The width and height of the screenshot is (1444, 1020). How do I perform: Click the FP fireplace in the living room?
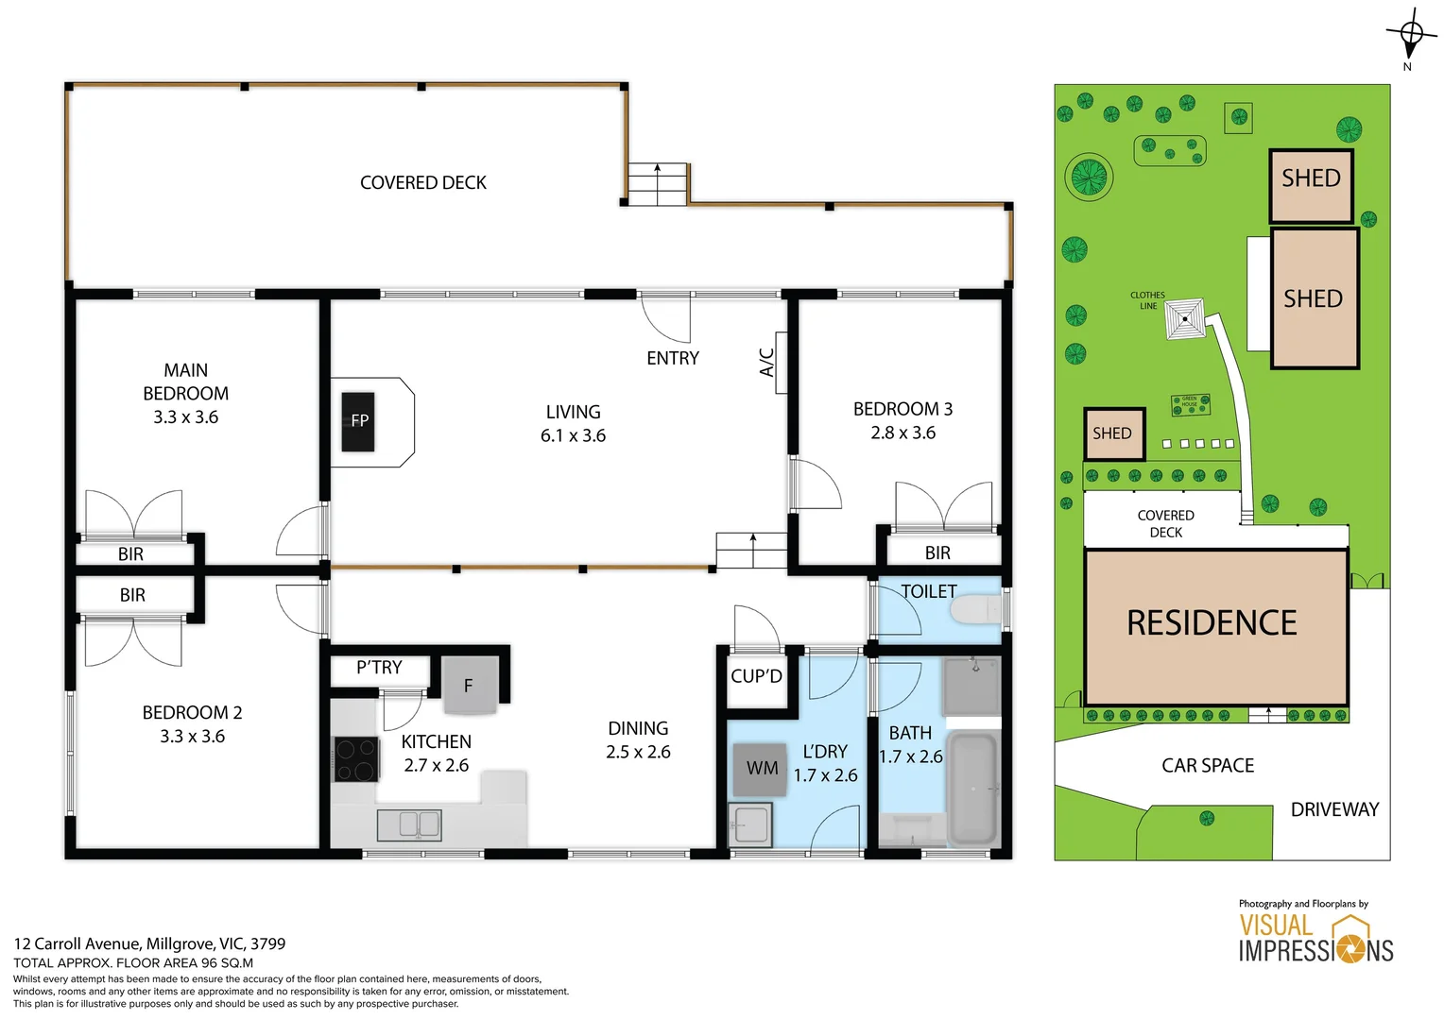pyautogui.click(x=359, y=421)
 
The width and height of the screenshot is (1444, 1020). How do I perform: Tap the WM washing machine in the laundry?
pyautogui.click(x=762, y=768)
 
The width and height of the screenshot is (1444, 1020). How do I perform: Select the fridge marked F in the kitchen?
pyautogui.click(x=469, y=686)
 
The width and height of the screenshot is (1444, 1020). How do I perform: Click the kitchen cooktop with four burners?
pyautogui.click(x=356, y=759)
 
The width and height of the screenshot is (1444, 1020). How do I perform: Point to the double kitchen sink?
pyautogui.click(x=409, y=824)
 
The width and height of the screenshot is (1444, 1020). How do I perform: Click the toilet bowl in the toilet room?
pyautogui.click(x=975, y=610)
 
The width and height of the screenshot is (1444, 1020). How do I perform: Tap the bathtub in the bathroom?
pyautogui.click(x=972, y=789)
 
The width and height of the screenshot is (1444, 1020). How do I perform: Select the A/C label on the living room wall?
pyautogui.click(x=767, y=362)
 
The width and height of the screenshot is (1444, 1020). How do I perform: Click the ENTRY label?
pyautogui.click(x=673, y=358)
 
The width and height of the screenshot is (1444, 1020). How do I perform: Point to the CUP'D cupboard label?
pyautogui.click(x=756, y=676)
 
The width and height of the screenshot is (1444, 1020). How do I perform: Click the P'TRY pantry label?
pyautogui.click(x=379, y=668)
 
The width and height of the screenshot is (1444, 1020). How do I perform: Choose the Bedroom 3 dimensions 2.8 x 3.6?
pyautogui.click(x=903, y=433)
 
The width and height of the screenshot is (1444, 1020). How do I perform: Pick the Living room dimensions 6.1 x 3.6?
pyautogui.click(x=573, y=435)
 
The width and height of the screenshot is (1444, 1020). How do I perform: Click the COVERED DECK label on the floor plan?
pyautogui.click(x=423, y=182)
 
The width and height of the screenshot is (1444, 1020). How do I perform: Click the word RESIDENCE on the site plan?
pyautogui.click(x=1212, y=623)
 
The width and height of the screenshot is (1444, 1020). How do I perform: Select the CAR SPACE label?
pyautogui.click(x=1208, y=766)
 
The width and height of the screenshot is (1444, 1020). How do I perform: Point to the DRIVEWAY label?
pyautogui.click(x=1334, y=809)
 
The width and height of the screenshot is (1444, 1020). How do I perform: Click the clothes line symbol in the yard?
pyautogui.click(x=1185, y=319)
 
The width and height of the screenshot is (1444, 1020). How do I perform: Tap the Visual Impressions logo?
pyautogui.click(x=1315, y=937)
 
